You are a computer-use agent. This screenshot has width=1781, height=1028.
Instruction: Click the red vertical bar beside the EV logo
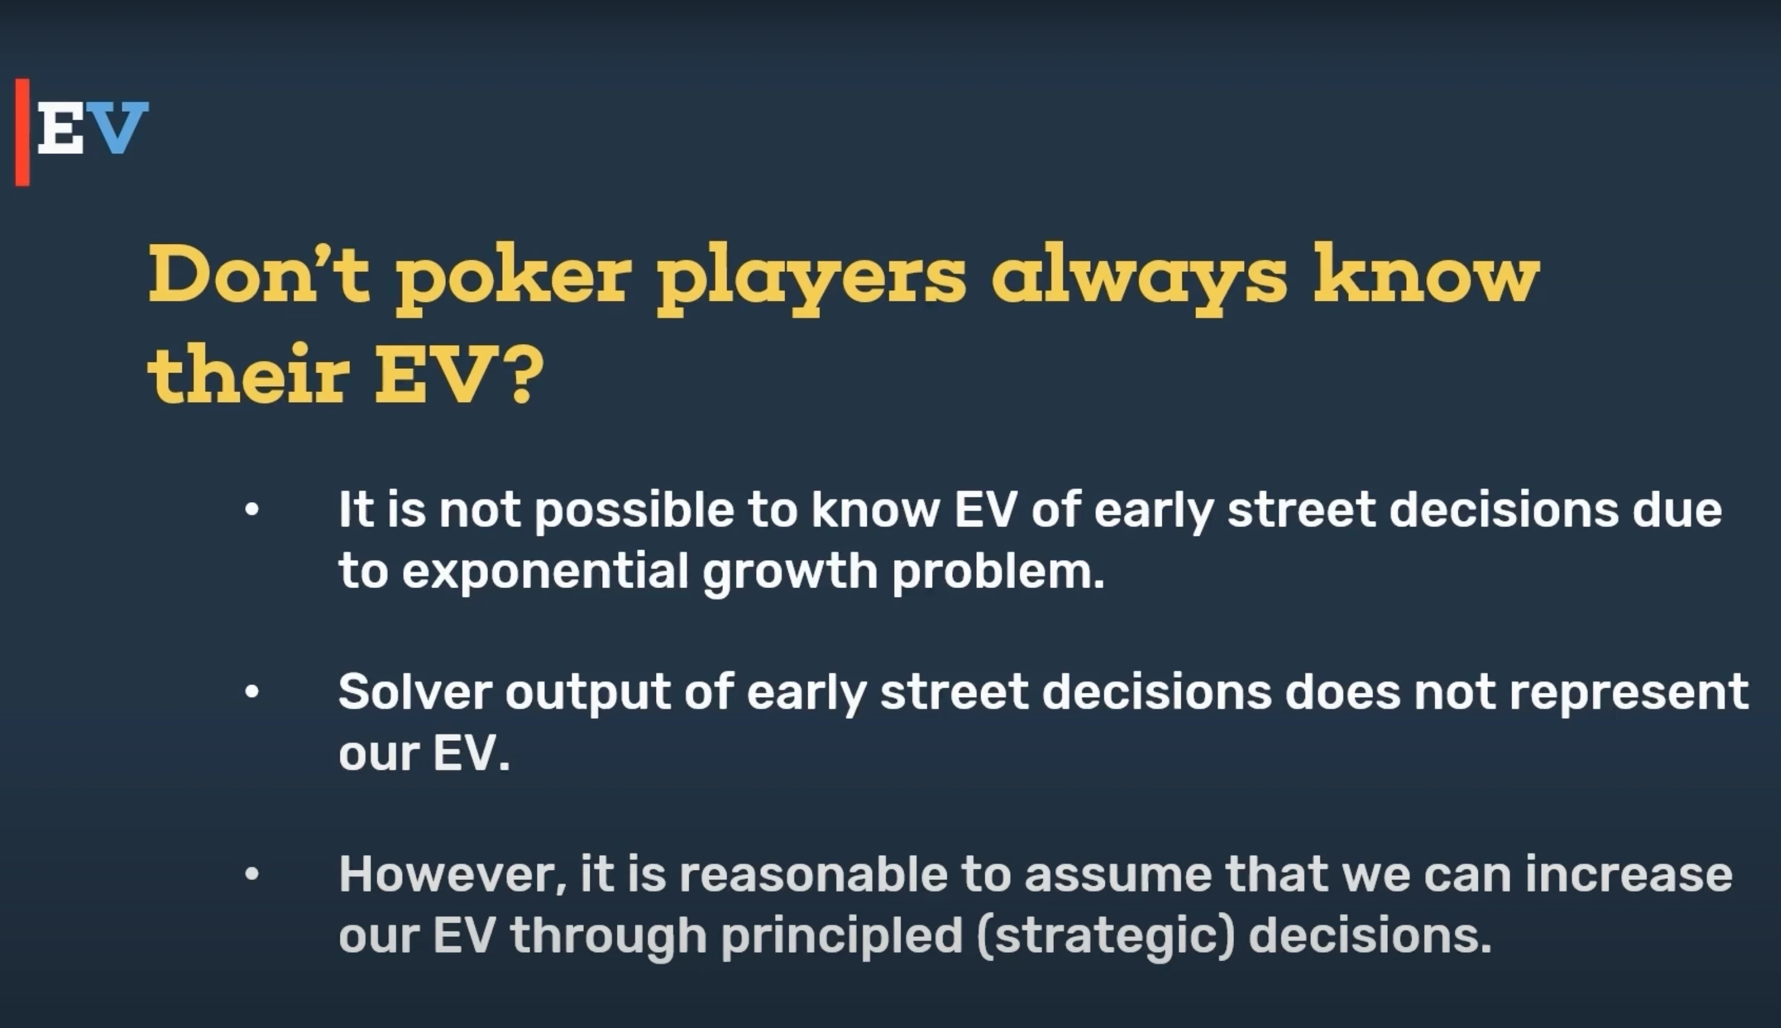(22, 132)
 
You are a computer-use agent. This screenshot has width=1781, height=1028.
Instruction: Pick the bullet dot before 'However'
(252, 874)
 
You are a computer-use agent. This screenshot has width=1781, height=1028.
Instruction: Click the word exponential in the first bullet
(545, 573)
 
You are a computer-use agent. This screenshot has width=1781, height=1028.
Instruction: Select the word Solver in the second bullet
(415, 691)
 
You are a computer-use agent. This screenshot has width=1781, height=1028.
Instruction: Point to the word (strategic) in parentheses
(1106, 937)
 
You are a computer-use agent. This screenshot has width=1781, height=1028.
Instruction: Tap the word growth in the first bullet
(790, 573)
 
